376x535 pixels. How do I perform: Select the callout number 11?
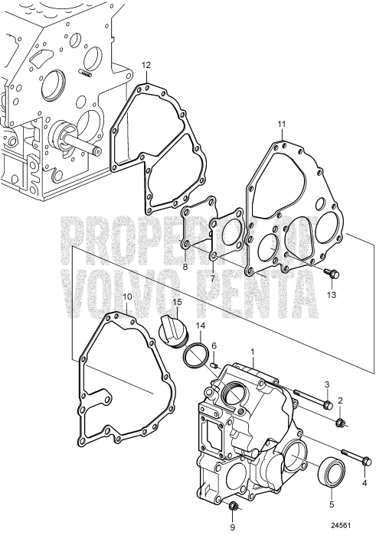point(281,123)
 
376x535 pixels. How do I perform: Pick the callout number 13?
point(332,295)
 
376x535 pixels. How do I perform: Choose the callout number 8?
point(185,267)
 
